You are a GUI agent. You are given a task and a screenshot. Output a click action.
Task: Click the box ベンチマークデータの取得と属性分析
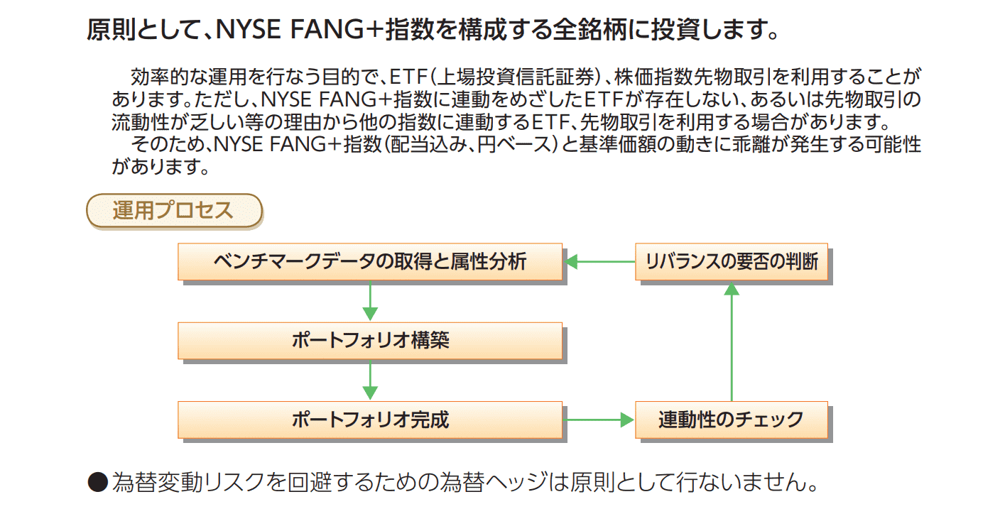pyautogui.click(x=370, y=262)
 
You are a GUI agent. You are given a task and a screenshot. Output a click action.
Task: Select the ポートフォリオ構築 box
pyautogui.click(x=370, y=341)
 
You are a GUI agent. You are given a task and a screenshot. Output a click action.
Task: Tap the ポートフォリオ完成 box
pyautogui.click(x=370, y=420)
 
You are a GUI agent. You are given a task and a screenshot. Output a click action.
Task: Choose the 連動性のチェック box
pyautogui.click(x=732, y=420)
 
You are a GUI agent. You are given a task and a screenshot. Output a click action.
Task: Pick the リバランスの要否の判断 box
pyautogui.click(x=732, y=262)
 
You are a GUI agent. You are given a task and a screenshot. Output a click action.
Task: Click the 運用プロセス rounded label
pyautogui.click(x=174, y=211)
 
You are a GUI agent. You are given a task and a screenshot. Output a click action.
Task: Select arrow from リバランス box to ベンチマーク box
pyautogui.click(x=600, y=262)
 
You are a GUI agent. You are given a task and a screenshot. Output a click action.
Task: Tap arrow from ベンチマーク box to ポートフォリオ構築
pyautogui.click(x=370, y=302)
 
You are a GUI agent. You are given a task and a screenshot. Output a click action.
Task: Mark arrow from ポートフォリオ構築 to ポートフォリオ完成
pyautogui.click(x=370, y=381)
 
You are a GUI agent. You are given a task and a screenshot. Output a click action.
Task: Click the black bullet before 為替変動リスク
pyautogui.click(x=97, y=483)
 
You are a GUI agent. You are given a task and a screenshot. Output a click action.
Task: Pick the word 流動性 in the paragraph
pyautogui.click(x=143, y=122)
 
